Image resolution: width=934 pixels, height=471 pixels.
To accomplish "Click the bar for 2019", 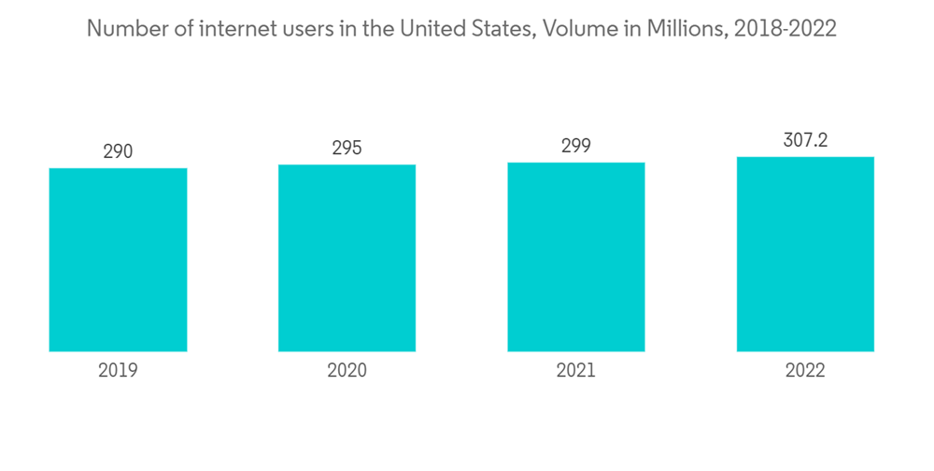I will tap(118, 260).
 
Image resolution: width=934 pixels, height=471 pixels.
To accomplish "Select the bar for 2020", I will tap(347, 258).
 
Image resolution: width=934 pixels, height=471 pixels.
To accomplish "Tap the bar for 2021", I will tap(576, 257).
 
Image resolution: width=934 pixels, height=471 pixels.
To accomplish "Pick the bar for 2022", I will tap(805, 254).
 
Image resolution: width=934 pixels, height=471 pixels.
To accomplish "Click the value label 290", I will tap(118, 151).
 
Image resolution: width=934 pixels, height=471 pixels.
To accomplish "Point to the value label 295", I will tap(347, 148).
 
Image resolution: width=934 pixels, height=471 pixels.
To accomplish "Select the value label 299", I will tap(576, 146).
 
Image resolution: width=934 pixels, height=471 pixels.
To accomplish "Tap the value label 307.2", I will tap(805, 140).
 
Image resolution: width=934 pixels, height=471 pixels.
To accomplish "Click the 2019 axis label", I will tap(118, 371).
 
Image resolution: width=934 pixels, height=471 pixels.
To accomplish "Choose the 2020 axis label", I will tap(347, 371).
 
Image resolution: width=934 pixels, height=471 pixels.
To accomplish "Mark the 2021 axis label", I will tap(576, 371).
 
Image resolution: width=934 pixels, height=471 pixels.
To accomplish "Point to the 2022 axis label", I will tap(805, 371).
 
